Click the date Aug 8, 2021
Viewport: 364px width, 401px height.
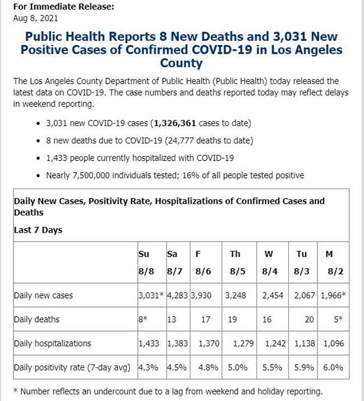point(35,18)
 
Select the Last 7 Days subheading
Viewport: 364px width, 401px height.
point(38,230)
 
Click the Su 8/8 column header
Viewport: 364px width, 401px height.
point(144,262)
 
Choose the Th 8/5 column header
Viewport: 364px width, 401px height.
point(235,262)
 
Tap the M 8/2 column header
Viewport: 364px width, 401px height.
point(330,262)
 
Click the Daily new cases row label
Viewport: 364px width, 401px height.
point(43,295)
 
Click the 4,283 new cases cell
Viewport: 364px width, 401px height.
point(178,295)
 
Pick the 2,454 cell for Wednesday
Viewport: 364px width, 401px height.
point(273,295)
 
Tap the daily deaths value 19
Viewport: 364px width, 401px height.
point(232,319)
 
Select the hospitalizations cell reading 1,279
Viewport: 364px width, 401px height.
point(241,343)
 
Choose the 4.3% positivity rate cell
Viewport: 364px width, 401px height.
point(148,367)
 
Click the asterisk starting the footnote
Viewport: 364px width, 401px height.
point(15,391)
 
